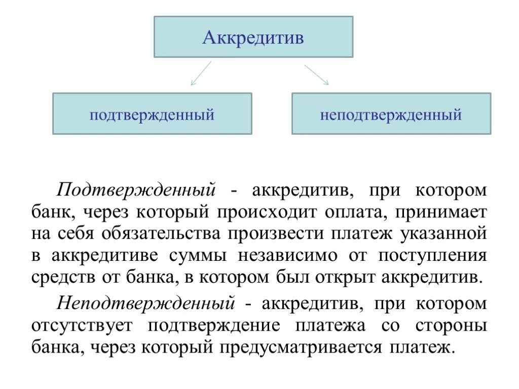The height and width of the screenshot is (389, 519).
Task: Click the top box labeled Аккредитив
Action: [253, 36]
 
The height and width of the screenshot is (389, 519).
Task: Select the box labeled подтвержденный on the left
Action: [152, 113]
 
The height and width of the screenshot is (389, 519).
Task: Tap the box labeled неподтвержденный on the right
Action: [391, 113]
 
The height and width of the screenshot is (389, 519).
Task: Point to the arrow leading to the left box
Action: [201, 73]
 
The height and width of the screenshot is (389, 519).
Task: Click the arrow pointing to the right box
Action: [316, 74]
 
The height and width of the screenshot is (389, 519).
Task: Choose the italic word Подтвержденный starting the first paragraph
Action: [137, 191]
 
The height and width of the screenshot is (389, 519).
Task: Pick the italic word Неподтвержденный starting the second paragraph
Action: [146, 303]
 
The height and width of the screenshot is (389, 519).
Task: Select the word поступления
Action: [432, 256]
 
